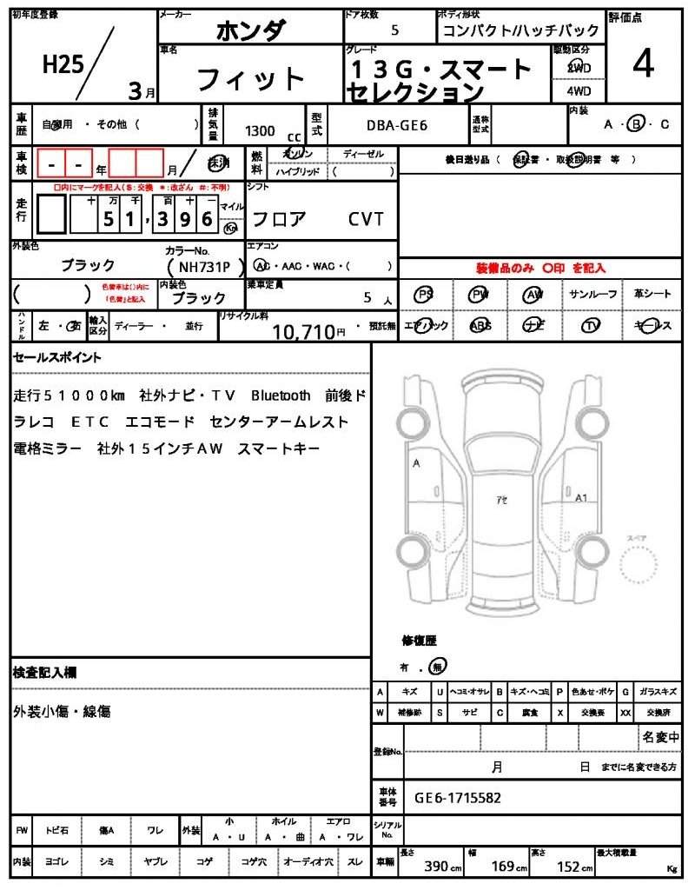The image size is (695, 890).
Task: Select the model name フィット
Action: tap(251, 79)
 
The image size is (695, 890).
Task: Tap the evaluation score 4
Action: tap(643, 66)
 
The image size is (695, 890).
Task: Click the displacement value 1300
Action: tap(260, 131)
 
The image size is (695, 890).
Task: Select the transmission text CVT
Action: tap(366, 219)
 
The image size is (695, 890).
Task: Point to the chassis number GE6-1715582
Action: tap(457, 797)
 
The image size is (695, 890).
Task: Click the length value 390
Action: tap(436, 867)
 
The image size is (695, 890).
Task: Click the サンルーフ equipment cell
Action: tap(593, 294)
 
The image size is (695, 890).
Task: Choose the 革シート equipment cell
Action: tap(652, 294)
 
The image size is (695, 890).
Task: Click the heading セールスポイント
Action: tap(57, 357)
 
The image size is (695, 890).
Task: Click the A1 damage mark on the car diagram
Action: tap(582, 498)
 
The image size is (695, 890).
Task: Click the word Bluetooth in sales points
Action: tap(280, 395)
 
